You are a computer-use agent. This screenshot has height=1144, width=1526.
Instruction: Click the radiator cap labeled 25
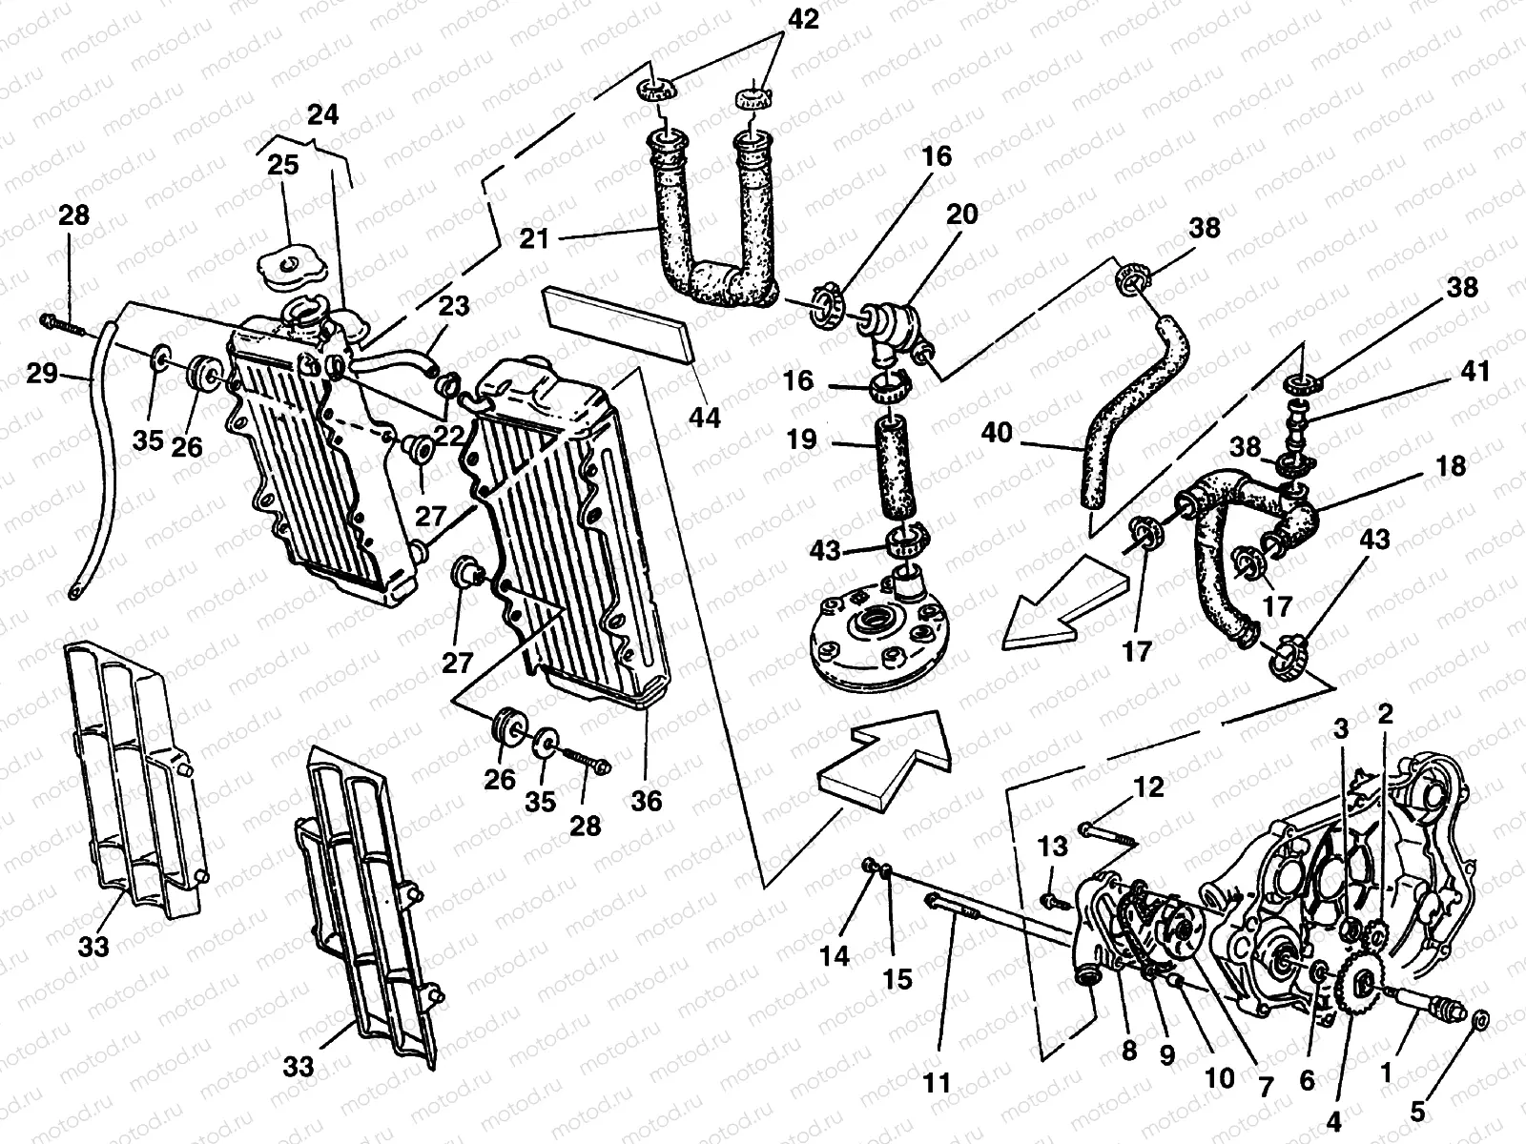pos(290,262)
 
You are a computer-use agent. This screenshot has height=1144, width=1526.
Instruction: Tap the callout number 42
pos(804,20)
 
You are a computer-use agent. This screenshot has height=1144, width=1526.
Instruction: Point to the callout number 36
pos(646,800)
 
